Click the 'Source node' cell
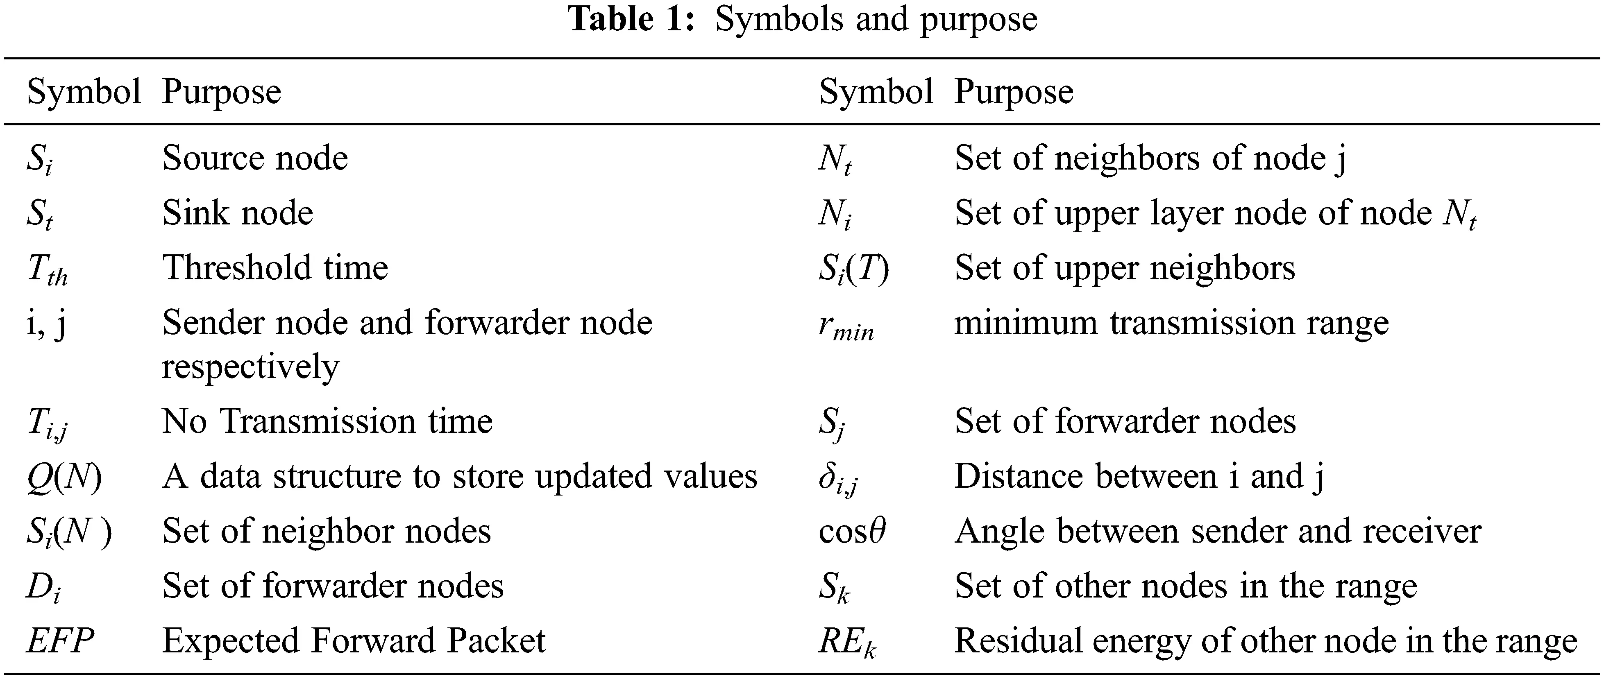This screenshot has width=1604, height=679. point(255,158)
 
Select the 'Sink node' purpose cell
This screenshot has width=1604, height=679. point(237,213)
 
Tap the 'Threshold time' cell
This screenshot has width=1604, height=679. point(275,267)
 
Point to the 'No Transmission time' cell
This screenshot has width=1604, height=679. point(327,421)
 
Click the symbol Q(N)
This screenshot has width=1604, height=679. point(64,477)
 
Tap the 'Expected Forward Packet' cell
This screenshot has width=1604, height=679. point(353,641)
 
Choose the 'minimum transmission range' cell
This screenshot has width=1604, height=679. point(1171,323)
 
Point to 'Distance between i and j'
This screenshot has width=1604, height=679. point(1138,477)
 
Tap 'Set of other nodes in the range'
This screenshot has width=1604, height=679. point(1185,586)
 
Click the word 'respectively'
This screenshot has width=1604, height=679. point(250,367)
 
